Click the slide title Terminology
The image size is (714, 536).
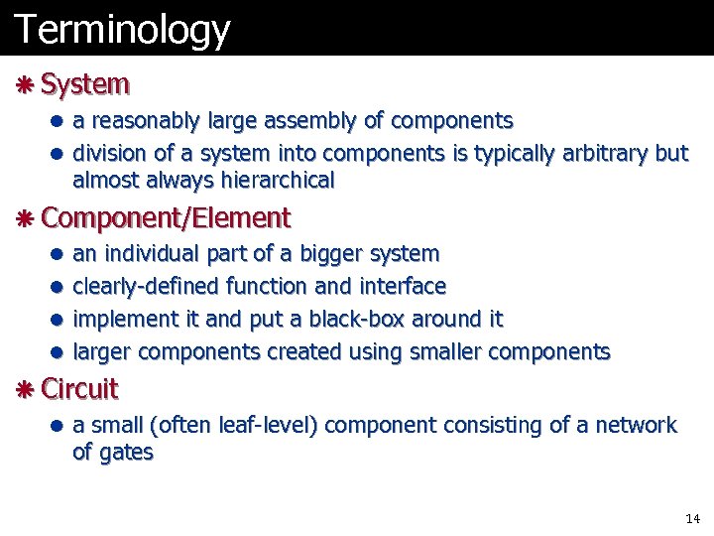point(122,29)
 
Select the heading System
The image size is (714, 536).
point(86,84)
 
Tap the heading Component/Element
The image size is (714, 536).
point(166,217)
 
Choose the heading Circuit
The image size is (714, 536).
point(79,389)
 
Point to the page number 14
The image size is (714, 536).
point(692,519)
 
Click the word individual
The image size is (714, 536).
point(154,254)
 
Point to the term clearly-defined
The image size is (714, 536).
point(147,287)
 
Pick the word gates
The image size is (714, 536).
point(126,453)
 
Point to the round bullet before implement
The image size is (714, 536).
point(59,320)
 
